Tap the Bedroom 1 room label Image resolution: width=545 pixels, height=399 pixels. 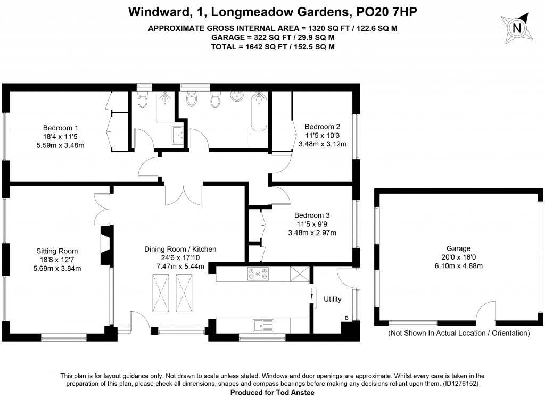(61, 128)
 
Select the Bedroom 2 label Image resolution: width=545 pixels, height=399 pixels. (322, 127)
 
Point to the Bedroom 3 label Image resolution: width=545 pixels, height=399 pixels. (312, 215)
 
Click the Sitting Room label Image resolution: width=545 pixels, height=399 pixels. (57, 251)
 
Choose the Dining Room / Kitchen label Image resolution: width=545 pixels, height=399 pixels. (180, 249)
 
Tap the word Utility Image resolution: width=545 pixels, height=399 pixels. (333, 300)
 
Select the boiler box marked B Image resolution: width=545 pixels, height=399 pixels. (347, 318)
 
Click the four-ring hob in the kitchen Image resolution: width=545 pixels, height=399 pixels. (258, 274)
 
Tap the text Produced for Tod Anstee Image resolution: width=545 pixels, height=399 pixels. (271, 392)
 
